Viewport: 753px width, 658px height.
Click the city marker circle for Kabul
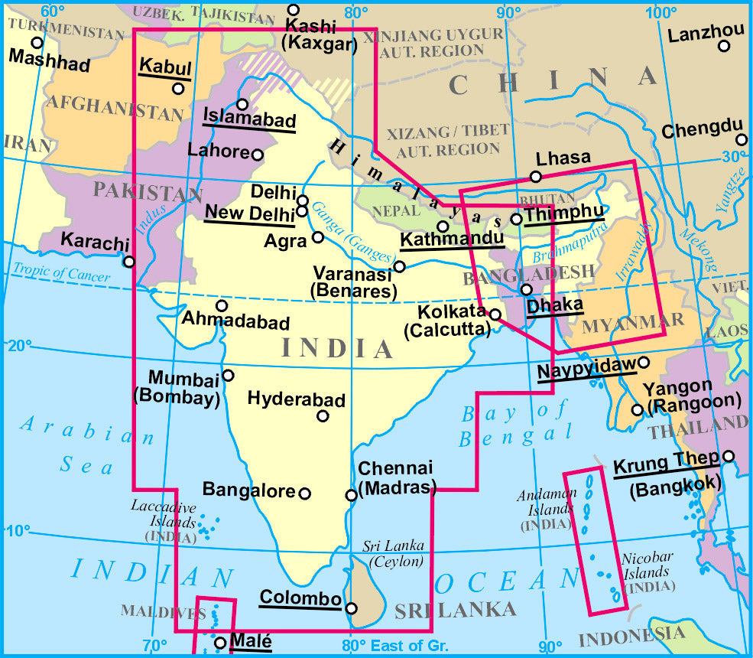[178, 89]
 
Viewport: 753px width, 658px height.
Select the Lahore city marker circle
[258, 155]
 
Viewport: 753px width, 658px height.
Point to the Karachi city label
[91, 243]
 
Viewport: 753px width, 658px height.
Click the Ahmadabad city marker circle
[222, 306]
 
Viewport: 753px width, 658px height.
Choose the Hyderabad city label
[296, 399]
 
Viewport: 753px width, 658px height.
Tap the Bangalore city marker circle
[304, 493]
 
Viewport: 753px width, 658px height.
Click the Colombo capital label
[299, 598]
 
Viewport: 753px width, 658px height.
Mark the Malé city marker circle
[220, 643]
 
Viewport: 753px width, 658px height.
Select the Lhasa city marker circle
[536, 177]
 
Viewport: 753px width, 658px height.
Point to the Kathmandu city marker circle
[443, 226]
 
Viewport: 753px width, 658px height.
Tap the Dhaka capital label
[555, 305]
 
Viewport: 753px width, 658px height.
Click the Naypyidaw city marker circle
[644, 362]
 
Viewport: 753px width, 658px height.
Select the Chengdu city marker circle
[741, 139]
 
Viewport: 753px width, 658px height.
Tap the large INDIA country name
[337, 348]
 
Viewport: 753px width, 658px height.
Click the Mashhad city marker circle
[37, 43]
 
